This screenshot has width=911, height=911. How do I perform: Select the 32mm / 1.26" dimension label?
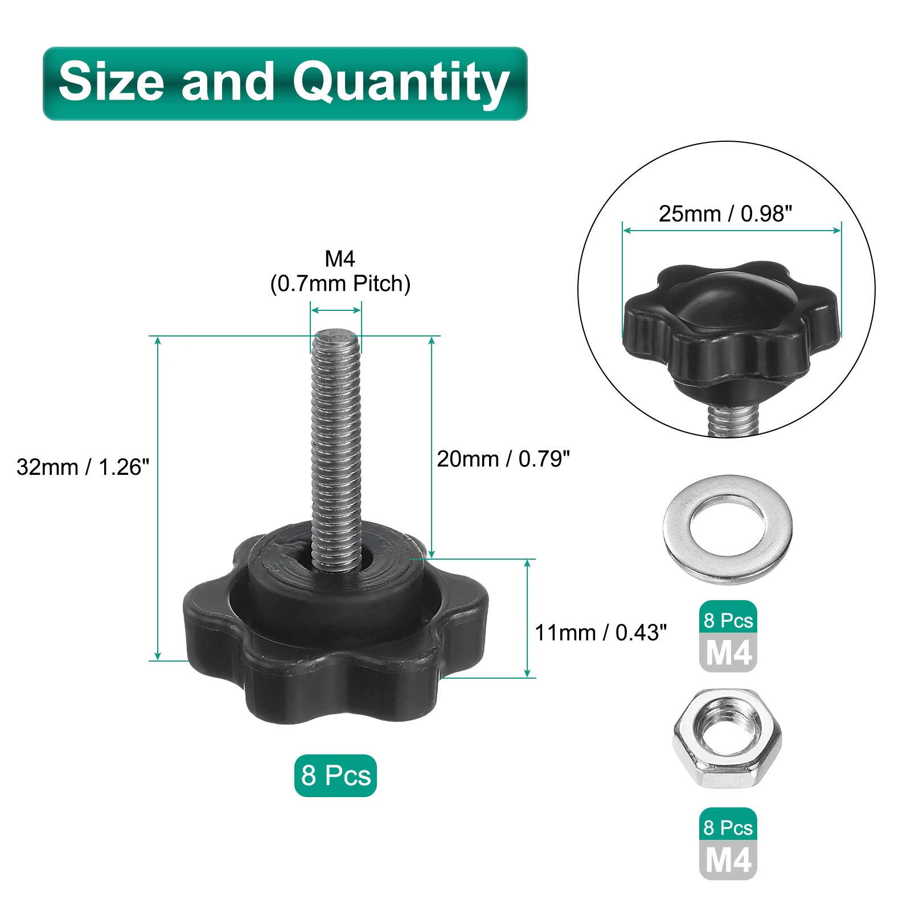click(83, 467)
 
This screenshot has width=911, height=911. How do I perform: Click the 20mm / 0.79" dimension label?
click(503, 459)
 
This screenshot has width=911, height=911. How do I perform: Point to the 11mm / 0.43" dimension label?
click(601, 633)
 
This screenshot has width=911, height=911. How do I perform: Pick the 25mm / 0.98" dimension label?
click(725, 214)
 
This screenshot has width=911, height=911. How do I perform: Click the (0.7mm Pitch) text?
click(340, 284)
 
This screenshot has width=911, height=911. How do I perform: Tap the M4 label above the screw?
click(340, 259)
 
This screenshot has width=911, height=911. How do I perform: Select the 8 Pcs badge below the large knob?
click(335, 775)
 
